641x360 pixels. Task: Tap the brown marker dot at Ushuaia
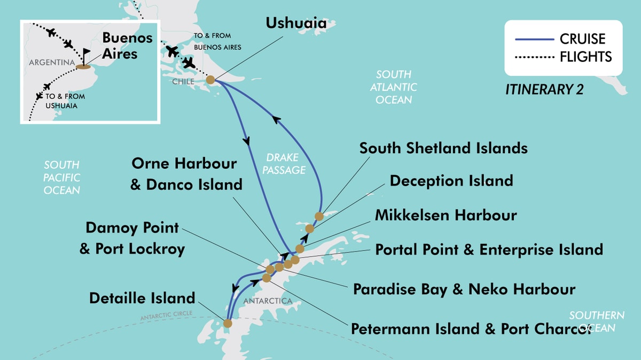(x=210, y=80)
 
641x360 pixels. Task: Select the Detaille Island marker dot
(x=228, y=323)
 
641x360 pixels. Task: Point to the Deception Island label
(x=451, y=181)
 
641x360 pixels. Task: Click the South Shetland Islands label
(x=443, y=148)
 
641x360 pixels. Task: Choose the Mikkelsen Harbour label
(x=446, y=215)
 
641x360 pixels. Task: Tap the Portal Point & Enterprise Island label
(x=489, y=249)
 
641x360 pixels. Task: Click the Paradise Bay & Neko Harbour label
(x=464, y=289)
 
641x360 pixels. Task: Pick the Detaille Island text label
(x=142, y=298)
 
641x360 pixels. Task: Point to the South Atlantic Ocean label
(x=394, y=87)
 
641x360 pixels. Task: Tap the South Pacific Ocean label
(x=62, y=177)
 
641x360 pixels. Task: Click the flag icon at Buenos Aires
(x=87, y=54)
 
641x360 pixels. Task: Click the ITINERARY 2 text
(x=544, y=90)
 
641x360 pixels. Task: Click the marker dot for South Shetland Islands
(x=319, y=216)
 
